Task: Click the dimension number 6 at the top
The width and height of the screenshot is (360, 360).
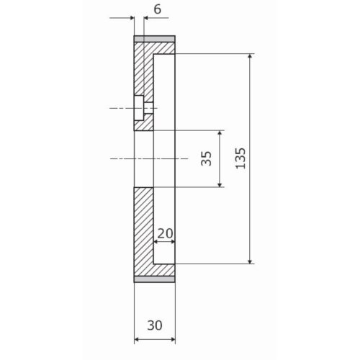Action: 158,9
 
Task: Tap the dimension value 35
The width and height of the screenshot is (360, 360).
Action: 207,158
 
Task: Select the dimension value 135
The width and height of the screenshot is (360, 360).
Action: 240,158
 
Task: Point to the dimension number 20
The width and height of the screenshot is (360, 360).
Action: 165,233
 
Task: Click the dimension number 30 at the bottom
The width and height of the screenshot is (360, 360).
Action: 155,325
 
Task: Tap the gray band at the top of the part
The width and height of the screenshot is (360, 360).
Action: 155,39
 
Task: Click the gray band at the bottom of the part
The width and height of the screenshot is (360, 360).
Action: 155,279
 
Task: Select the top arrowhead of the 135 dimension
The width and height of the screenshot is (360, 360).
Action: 251,57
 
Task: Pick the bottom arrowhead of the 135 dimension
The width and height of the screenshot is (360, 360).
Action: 251,261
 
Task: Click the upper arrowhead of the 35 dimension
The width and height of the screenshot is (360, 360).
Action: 220,133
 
